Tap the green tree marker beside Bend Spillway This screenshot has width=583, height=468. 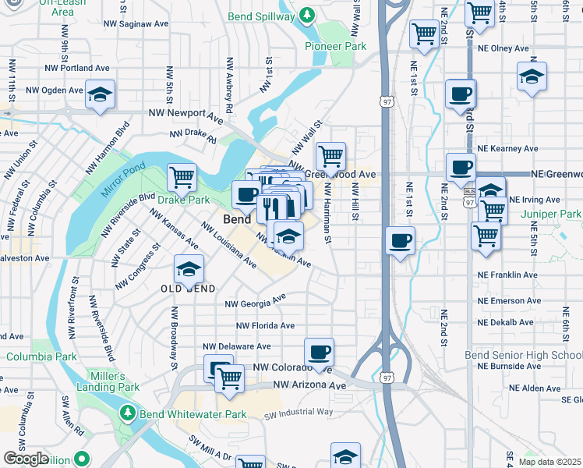tap(308, 15)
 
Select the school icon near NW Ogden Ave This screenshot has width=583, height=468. tap(100, 94)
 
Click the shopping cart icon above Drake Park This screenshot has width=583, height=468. tap(182, 176)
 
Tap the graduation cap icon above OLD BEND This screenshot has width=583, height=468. tap(188, 269)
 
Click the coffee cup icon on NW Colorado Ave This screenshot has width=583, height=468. tap(318, 352)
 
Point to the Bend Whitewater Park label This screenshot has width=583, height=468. tap(193, 414)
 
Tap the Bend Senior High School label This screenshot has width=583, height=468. tap(534, 355)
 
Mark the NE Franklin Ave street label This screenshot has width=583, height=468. tap(507, 275)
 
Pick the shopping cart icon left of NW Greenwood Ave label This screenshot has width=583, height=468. tap(331, 155)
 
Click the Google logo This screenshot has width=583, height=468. tap(26, 458)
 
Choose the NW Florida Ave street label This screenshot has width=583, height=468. tap(267, 325)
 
